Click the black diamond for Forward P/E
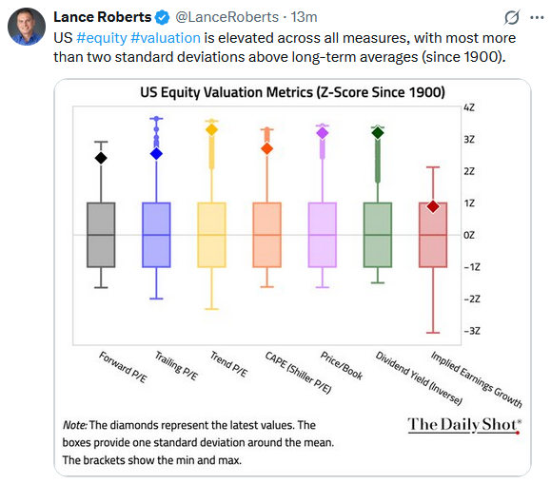coord(101,158)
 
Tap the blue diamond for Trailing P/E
coord(157,153)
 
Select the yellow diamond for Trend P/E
coord(212,129)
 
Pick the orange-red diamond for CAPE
coord(267,148)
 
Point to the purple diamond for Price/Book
coord(323,133)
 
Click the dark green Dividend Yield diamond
coord(378,132)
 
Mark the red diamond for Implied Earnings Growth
coord(433,206)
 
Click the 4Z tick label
coord(469,107)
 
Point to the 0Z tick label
coord(469,235)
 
